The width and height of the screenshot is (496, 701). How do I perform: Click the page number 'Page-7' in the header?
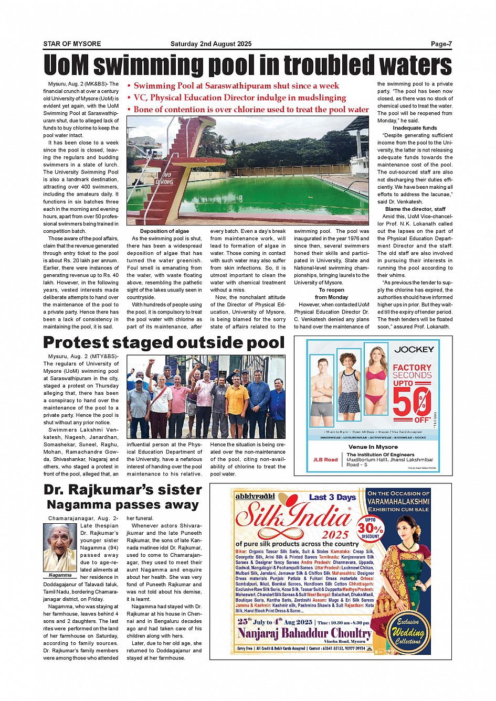click(441, 44)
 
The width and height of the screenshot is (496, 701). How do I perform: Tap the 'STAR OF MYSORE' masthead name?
click(72, 44)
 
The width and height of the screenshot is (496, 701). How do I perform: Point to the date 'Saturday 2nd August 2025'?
click(211, 44)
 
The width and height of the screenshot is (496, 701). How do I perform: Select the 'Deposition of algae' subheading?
click(164, 231)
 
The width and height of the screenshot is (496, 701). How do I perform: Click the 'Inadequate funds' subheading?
click(415, 128)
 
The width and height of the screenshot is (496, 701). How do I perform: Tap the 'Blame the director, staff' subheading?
click(415, 209)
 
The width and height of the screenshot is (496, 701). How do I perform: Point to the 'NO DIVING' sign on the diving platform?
click(164, 178)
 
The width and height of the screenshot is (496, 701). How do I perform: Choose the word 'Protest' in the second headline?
click(76, 342)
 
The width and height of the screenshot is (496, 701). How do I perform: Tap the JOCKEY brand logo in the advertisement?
click(414, 349)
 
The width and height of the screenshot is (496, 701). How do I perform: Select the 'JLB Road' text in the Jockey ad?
click(325, 460)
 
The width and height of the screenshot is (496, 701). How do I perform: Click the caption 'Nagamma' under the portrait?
click(60, 575)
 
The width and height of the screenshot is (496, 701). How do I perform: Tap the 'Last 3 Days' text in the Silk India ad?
click(332, 497)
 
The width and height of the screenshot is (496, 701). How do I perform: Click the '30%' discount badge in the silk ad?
click(370, 528)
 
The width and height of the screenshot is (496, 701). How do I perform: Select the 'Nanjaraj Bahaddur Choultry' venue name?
click(304, 633)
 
